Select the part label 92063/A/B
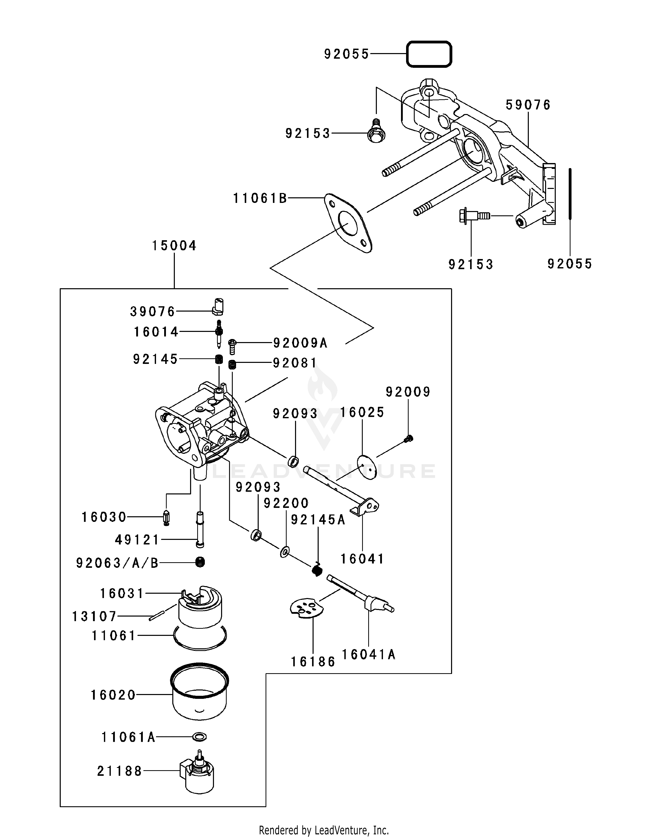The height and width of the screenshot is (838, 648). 117,563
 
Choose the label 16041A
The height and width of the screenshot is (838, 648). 368,654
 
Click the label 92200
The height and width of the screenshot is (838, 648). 286,503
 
